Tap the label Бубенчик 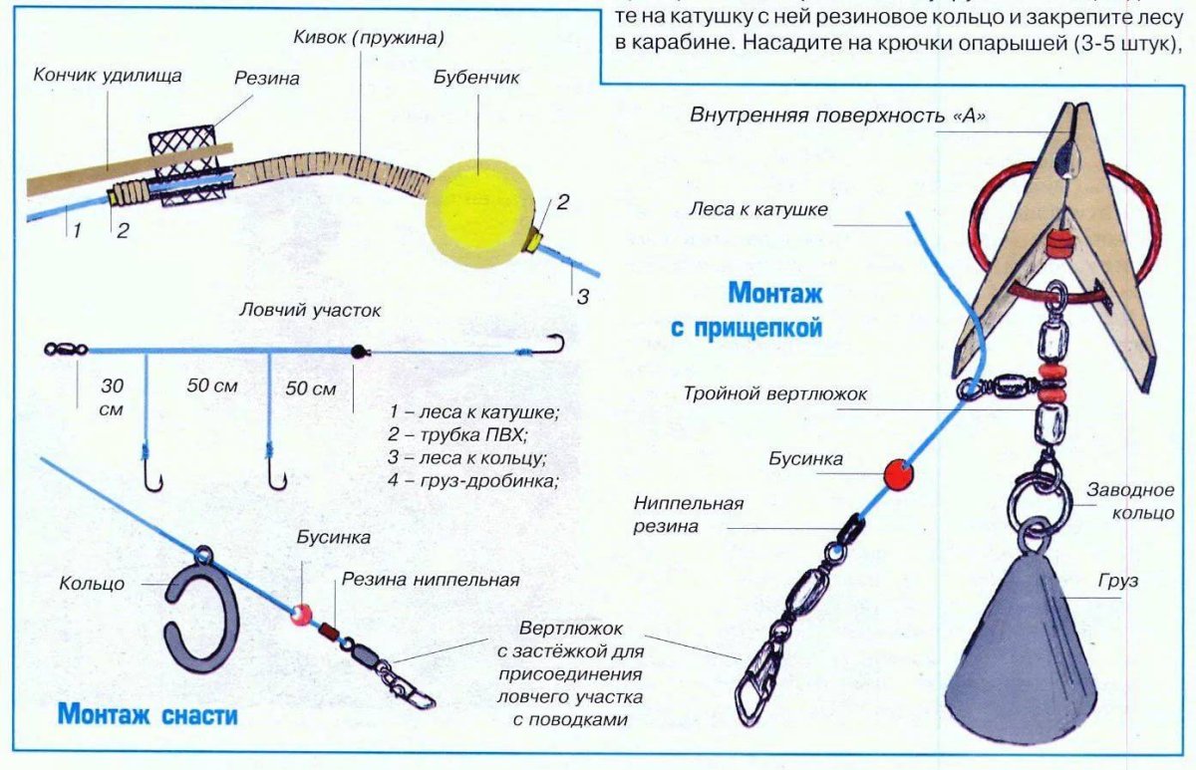(x=476, y=77)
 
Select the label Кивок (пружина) (x=369, y=38)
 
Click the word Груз (x=1117, y=580)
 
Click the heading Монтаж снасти (x=148, y=714)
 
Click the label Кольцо (x=92, y=584)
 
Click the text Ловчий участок (x=310, y=310)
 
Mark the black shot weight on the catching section (x=357, y=351)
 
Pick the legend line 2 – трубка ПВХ (x=457, y=434)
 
